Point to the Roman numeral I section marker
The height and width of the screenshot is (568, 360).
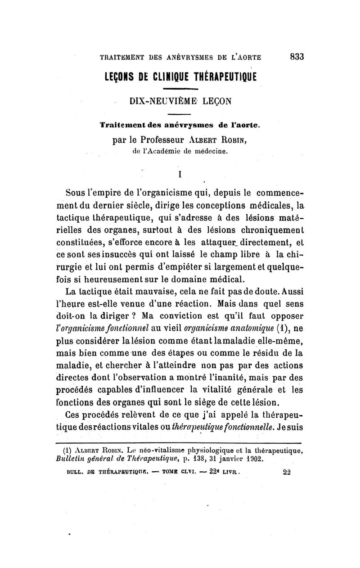(180, 172)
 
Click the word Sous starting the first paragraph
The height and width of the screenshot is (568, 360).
(75, 194)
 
